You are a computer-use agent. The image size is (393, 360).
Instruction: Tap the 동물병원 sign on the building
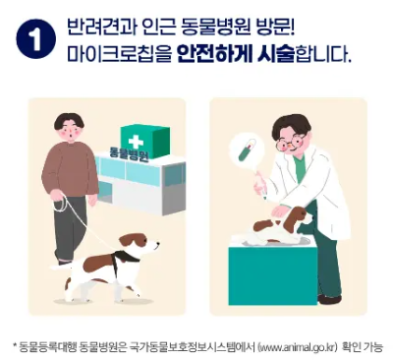coord(129,155)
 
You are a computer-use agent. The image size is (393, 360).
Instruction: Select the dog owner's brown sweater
coord(70,167)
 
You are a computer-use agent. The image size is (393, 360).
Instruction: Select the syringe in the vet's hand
coord(260,190)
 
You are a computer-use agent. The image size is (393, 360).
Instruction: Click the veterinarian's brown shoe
coord(329,299)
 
